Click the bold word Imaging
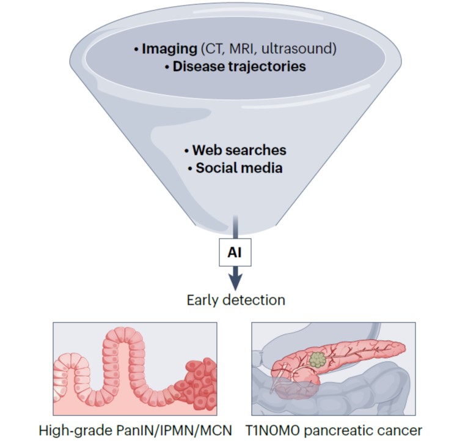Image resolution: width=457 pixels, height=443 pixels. (x=169, y=49)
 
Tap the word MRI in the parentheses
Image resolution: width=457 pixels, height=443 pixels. (x=241, y=48)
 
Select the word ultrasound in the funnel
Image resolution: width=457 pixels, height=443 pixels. (x=296, y=48)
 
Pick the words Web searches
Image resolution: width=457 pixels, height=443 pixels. (x=239, y=151)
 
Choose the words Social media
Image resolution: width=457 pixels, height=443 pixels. (x=239, y=168)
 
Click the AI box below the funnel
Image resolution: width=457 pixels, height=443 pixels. (x=235, y=253)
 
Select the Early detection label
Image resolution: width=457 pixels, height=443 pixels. (x=236, y=300)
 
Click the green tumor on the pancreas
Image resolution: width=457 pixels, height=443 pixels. (x=318, y=360)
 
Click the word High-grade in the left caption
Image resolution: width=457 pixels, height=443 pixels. (x=76, y=431)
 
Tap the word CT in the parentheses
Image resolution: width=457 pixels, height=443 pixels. (x=214, y=48)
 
